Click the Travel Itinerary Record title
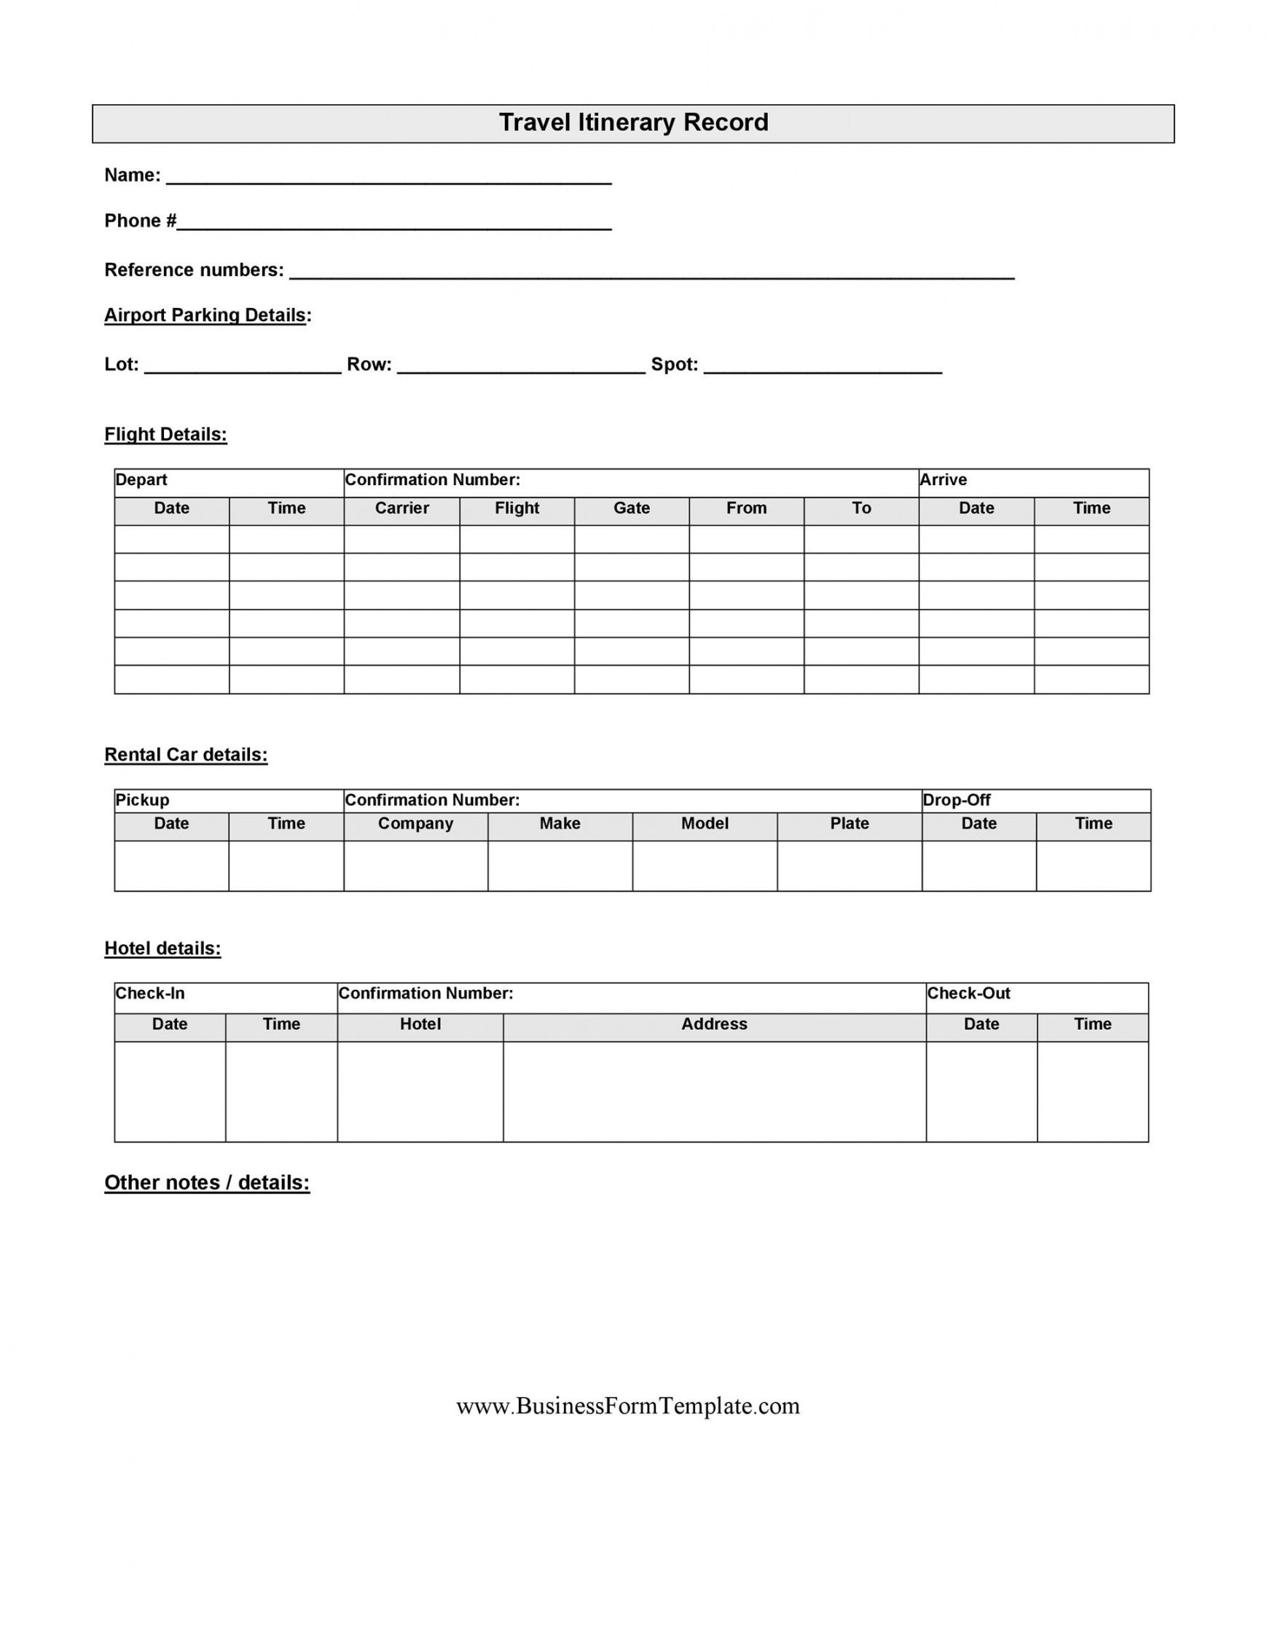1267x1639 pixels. coord(634,123)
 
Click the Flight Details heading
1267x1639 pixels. coord(165,434)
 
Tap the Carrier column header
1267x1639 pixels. coord(401,508)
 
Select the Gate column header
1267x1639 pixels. coord(631,508)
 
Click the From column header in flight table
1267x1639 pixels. coord(746,508)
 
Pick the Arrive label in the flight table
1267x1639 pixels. coord(943,479)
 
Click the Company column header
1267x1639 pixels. coord(415,823)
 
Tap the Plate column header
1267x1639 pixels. coord(849,823)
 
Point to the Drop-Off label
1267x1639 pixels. coord(956,800)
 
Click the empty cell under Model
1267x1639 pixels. coord(704,865)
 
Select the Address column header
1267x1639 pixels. coord(714,1023)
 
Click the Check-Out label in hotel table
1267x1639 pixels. coord(968,993)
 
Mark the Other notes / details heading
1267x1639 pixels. coord(206,1183)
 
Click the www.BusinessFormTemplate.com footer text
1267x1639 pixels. coord(627,1406)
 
